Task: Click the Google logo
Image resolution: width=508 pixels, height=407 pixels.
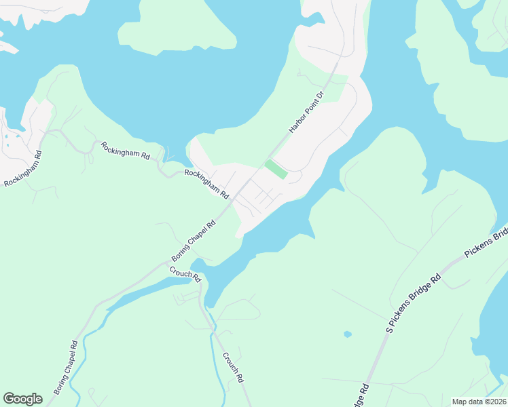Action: (22, 399)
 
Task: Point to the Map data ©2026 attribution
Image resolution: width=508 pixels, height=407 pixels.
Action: (479, 402)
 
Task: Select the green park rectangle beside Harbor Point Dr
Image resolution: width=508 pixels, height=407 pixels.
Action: (276, 169)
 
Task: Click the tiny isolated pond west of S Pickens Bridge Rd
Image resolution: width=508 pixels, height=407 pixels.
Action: (348, 334)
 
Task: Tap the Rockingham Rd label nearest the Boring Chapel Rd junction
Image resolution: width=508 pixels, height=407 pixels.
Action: (206, 184)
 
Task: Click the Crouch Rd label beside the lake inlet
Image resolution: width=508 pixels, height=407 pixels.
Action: (185, 273)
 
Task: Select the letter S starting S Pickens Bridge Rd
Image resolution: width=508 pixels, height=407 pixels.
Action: (389, 330)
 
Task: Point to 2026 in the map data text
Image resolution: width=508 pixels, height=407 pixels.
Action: (496, 402)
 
